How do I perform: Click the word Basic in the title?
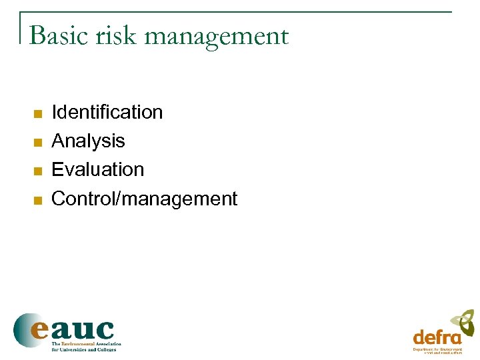tap(60, 35)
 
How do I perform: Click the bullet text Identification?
tap(107, 112)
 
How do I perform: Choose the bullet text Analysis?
tap(88, 141)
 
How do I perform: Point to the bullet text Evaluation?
tap(97, 169)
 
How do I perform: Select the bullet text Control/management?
tap(144, 199)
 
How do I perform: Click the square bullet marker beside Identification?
tap(38, 113)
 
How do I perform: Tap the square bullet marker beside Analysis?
tap(38, 142)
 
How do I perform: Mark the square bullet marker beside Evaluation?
tap(38, 171)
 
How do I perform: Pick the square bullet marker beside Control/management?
tap(38, 199)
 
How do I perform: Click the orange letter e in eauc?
tap(39, 330)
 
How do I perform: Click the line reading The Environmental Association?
tap(87, 344)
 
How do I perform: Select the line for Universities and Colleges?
tap(84, 349)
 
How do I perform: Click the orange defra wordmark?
tap(437, 337)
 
